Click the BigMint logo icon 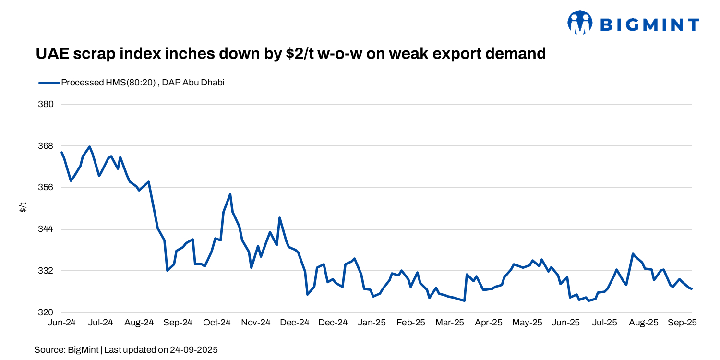(579, 23)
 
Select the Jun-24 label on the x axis (61, 323)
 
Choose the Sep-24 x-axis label (178, 323)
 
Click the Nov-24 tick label (256, 323)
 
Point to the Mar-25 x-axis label (450, 323)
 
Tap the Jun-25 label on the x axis (566, 323)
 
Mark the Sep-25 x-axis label (683, 323)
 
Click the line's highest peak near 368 (90, 147)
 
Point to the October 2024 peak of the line (230, 194)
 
